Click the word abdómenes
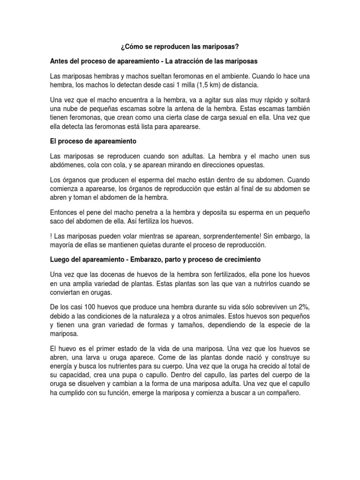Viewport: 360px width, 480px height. click(x=69, y=165)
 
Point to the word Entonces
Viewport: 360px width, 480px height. click(x=66, y=212)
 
